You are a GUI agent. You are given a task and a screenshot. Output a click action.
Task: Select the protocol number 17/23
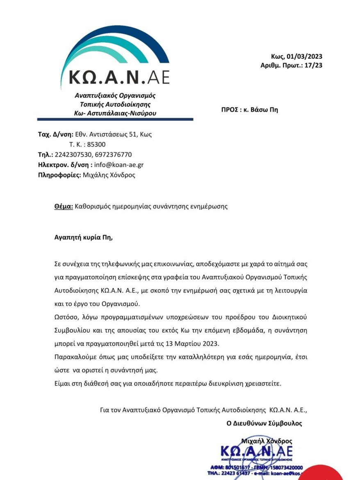314,65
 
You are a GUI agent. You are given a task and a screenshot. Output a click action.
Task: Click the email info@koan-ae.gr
118,165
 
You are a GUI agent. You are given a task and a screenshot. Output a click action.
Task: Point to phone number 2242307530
73,155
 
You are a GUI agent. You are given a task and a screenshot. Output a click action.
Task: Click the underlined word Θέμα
64,206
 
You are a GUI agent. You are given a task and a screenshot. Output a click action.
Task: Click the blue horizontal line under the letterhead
115,119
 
